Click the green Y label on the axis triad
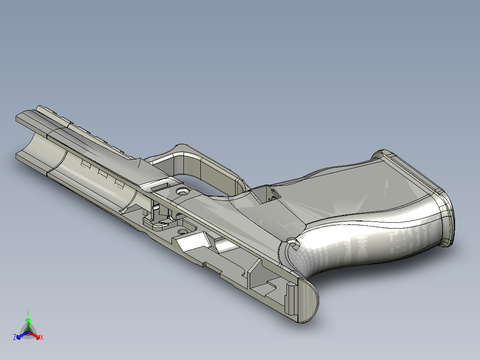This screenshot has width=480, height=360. click(28, 313)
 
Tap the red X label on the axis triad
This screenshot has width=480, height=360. click(41, 337)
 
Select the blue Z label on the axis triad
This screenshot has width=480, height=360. click(15, 337)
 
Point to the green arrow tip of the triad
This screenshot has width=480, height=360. click(28, 320)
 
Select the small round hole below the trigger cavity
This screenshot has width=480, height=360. click(182, 232)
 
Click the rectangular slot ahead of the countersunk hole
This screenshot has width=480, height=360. click(162, 185)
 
